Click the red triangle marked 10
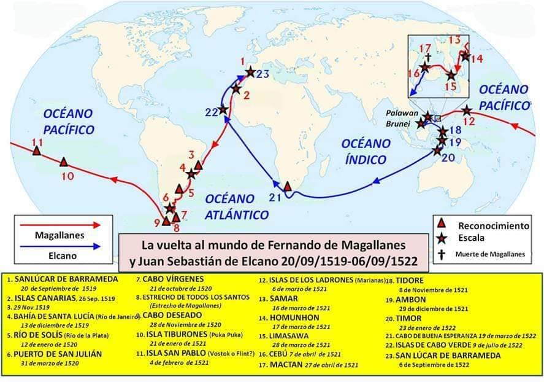(x=64, y=162)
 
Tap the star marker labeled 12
(x=467, y=111)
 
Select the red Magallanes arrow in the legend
(x=60, y=225)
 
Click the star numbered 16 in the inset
(x=424, y=68)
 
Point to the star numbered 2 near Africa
(x=236, y=88)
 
